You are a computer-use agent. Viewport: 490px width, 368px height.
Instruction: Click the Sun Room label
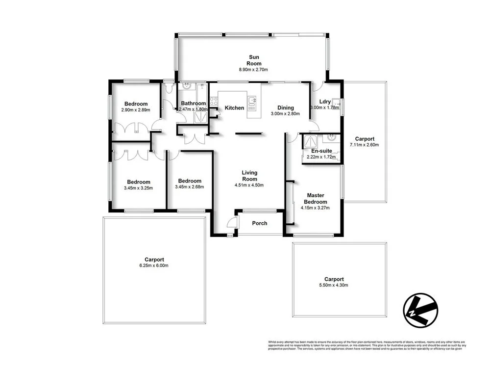254,60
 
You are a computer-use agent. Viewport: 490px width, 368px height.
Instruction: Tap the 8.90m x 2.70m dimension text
254,70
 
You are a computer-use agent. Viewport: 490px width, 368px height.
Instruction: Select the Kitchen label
234,107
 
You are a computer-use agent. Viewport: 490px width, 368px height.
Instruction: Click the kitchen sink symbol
252,102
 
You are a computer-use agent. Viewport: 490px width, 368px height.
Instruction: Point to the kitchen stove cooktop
214,101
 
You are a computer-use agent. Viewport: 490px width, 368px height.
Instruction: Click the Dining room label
285,107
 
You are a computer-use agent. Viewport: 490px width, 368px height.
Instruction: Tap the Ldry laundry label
325,101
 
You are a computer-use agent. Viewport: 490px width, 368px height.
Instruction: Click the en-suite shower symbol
310,141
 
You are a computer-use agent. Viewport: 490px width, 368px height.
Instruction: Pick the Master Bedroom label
315,198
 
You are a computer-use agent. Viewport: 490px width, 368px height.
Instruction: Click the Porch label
259,223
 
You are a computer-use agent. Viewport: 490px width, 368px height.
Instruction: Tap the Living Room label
249,176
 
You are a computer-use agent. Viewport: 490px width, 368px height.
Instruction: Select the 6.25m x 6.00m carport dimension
154,265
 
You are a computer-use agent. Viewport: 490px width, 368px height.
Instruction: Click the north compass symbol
419,310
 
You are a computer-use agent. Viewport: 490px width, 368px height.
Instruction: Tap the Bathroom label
193,103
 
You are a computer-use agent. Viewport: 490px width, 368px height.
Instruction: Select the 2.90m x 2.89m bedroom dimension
136,110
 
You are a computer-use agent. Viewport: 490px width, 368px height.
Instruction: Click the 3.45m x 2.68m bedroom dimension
190,186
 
